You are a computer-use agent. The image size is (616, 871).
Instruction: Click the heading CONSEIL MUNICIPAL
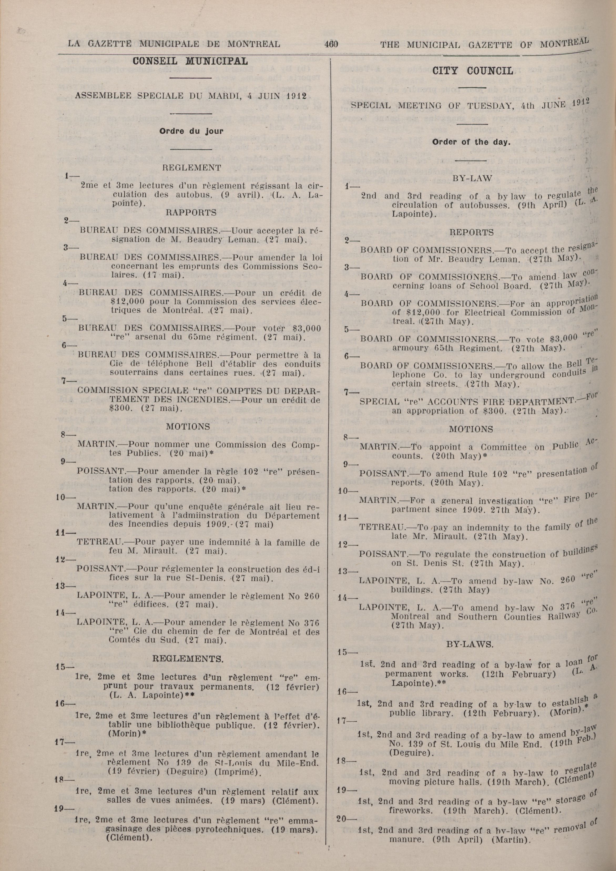[x=190, y=61]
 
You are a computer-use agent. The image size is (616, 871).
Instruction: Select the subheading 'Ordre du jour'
[x=191, y=131]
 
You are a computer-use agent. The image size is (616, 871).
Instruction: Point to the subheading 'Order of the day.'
[x=471, y=143]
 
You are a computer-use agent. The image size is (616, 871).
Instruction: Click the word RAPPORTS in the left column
[x=191, y=213]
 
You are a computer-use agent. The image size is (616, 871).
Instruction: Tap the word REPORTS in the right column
[x=471, y=232]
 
